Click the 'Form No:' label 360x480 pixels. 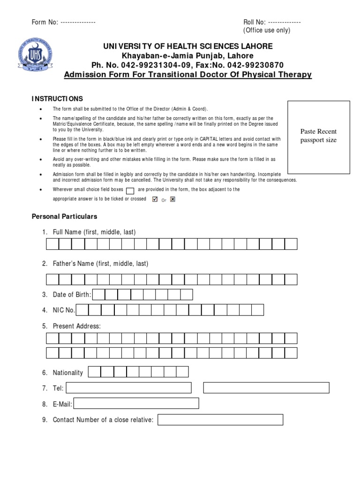pos(45,22)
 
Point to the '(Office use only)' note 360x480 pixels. pos(266,30)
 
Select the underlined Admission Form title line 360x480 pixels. pos(187,75)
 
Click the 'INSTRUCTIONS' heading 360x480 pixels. pos(57,99)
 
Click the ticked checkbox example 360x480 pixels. pos(155,199)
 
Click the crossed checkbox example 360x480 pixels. pos(172,199)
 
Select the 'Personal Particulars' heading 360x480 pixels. pos(64,217)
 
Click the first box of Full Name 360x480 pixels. pos(52,244)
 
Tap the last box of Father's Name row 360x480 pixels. pos(291,279)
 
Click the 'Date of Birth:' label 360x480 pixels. pos(72,294)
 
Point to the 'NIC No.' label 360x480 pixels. pos(64,310)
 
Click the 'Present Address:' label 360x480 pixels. pos(76,326)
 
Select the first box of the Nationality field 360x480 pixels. pos(94,372)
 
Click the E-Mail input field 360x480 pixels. pos(136,404)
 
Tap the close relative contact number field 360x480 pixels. pos(220,420)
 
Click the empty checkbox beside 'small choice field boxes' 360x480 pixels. pos(131,190)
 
